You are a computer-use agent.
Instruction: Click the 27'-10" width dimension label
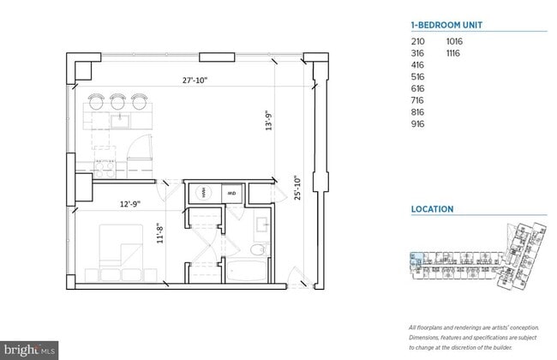(195, 81)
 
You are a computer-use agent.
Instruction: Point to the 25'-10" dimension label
(296, 188)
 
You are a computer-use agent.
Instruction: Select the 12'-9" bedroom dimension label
(129, 204)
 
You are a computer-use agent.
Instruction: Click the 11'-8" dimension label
(160, 233)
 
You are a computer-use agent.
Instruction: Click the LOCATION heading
(432, 208)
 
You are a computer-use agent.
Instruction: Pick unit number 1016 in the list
(454, 41)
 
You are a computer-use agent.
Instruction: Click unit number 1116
(454, 53)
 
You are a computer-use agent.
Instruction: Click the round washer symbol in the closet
(205, 194)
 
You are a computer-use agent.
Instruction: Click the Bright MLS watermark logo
(31, 351)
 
